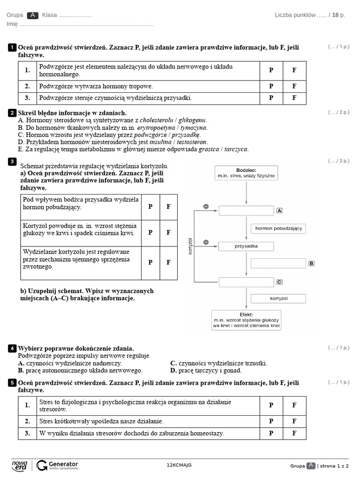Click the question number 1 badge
[x=12, y=48]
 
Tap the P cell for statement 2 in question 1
[x=271, y=86]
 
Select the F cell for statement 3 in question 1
[x=294, y=98]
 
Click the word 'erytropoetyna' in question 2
[x=157, y=127]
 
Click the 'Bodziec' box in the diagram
[x=246, y=173]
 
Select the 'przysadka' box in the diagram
[x=246, y=246]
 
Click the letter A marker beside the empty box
[x=280, y=211]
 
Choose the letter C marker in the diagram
[x=279, y=282]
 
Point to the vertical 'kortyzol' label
[x=190, y=246]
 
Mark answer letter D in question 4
[x=173, y=370]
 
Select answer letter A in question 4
[x=21, y=363]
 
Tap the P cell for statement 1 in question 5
[x=271, y=405]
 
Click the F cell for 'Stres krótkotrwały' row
[x=294, y=421]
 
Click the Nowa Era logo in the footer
[x=20, y=465]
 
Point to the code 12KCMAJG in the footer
[x=179, y=465]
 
